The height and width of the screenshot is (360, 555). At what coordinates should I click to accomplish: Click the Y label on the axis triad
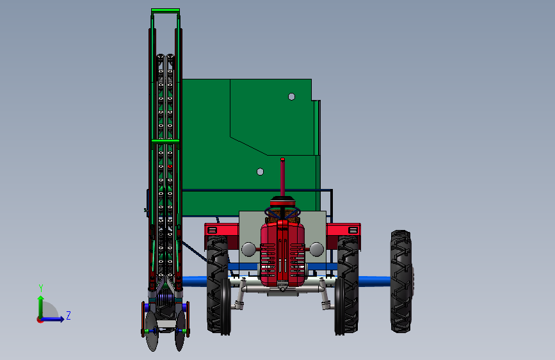(x=41, y=288)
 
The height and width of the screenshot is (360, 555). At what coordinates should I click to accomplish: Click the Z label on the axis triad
(x=68, y=315)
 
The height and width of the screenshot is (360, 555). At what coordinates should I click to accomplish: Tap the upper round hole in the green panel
(x=292, y=97)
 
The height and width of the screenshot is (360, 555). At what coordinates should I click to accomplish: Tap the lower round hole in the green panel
(x=260, y=172)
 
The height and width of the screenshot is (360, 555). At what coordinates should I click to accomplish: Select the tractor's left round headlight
(x=248, y=249)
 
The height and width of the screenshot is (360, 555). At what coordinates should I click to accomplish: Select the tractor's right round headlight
(x=316, y=249)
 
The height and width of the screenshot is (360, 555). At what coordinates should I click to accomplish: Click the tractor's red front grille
(x=282, y=254)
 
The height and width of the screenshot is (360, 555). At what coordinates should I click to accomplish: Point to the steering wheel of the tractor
(x=282, y=213)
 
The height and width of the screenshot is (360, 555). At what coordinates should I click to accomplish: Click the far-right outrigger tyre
(x=401, y=281)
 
